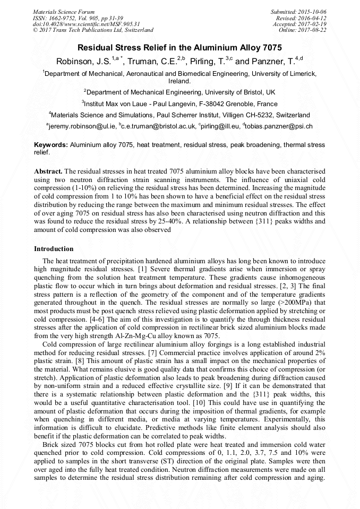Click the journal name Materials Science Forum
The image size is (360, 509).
click(x=64, y=11)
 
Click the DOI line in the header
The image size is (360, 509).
click(x=87, y=24)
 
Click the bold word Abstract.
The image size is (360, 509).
click(x=48, y=172)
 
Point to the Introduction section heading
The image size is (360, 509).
click(x=54, y=249)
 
